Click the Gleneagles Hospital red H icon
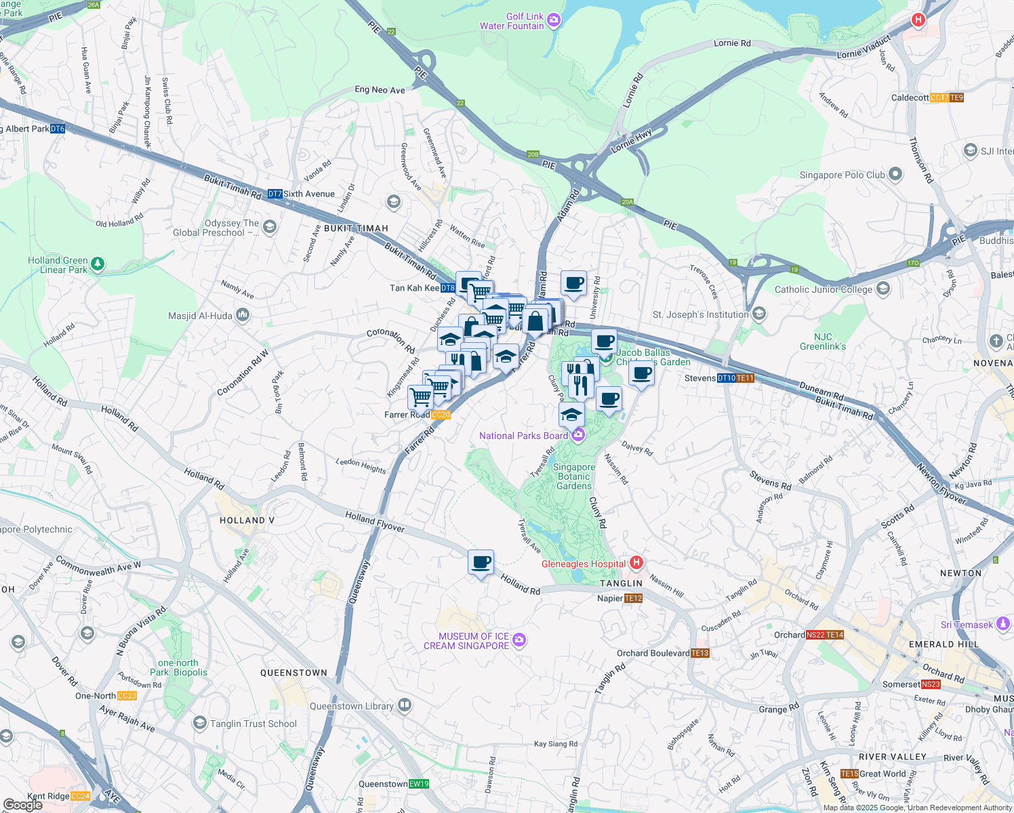[636, 563]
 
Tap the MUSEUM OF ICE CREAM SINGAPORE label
[466, 641]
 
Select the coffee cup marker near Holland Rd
[481, 562]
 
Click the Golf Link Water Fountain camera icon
[554, 20]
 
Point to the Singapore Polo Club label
[843, 175]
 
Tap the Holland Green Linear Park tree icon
[98, 264]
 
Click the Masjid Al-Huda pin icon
[243, 315]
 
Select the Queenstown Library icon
[405, 705]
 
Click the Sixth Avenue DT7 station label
[301, 194]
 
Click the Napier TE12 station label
[619, 598]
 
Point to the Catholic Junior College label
[824, 289]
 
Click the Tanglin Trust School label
[253, 724]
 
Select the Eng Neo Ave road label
[380, 89]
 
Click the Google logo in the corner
[22, 804]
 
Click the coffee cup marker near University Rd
[573, 283]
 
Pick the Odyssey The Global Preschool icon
[270, 226]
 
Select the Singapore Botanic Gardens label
[573, 476]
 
